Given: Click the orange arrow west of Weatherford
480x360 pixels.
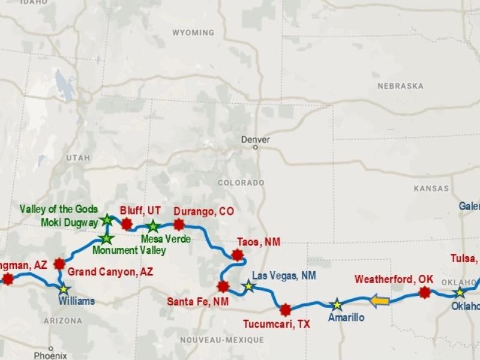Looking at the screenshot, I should [x=379, y=300].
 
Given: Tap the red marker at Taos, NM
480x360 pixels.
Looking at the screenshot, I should [x=238, y=255].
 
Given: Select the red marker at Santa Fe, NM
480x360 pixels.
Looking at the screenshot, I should [x=223, y=286].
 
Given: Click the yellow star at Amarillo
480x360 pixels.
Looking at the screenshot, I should [x=337, y=304].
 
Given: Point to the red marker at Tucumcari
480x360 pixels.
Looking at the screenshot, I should [x=286, y=310].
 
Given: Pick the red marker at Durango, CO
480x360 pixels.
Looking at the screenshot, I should [x=179, y=224].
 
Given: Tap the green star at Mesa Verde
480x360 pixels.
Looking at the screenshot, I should [x=153, y=226].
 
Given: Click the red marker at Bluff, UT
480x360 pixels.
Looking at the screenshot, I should [x=126, y=224].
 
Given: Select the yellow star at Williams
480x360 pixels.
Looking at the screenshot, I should [x=64, y=289].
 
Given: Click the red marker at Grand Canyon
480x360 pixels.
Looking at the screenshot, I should [x=59, y=263].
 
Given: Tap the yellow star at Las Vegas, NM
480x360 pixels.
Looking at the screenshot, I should [x=249, y=286].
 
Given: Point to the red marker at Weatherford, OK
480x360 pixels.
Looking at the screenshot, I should [x=425, y=293].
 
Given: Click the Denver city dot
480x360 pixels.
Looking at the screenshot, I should [x=255, y=146].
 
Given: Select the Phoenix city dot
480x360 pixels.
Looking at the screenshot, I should [x=51, y=348].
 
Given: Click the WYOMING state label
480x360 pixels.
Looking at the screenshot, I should [x=193, y=32].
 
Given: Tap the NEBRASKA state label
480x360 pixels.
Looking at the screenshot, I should [x=400, y=86].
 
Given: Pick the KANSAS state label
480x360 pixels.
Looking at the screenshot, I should [x=431, y=188].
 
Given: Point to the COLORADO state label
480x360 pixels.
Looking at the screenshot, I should [x=241, y=182].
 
